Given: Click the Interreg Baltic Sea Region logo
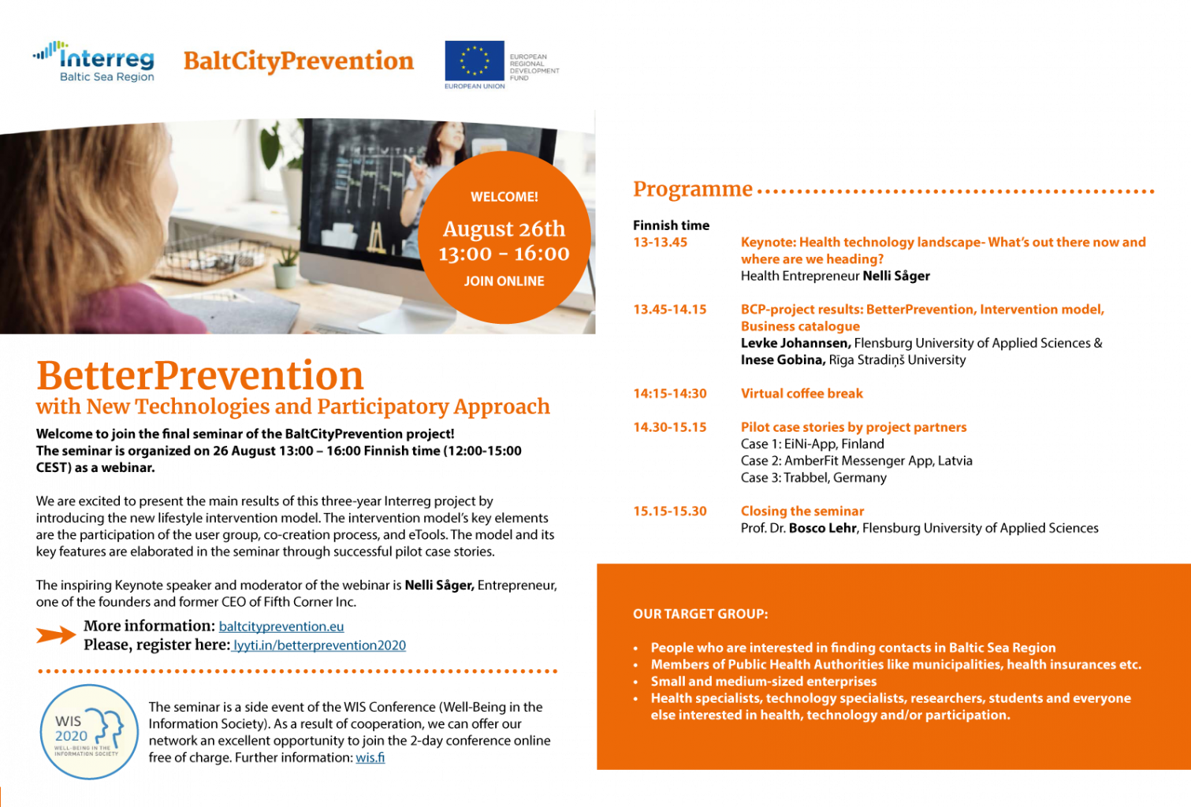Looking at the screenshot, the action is (x=94, y=61).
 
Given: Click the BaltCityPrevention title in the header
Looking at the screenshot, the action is (x=298, y=61).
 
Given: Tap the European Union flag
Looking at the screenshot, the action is (x=474, y=61).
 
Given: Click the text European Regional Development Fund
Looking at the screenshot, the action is (x=534, y=68).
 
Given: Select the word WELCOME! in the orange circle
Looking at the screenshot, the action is (x=504, y=197).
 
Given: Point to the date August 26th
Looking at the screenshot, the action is (x=504, y=229).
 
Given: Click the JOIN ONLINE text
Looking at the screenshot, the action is (x=504, y=281).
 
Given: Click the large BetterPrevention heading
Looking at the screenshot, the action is (x=200, y=376).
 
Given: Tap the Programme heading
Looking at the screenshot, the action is (x=692, y=189).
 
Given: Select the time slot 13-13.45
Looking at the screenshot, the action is (x=660, y=243).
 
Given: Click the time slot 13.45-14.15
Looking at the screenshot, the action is (x=670, y=310).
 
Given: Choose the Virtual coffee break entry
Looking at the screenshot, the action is (x=802, y=393).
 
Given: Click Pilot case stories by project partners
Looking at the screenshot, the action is (x=853, y=427).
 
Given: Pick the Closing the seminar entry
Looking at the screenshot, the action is (x=802, y=511).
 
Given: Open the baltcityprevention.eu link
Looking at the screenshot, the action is (x=281, y=627).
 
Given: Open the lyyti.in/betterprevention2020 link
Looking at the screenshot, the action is (x=319, y=645).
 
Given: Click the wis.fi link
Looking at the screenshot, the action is (x=370, y=757).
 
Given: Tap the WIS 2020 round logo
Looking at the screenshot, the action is (x=89, y=732).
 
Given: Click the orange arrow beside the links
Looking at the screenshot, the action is (x=56, y=635).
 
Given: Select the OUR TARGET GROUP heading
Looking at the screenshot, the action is (x=700, y=614).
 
